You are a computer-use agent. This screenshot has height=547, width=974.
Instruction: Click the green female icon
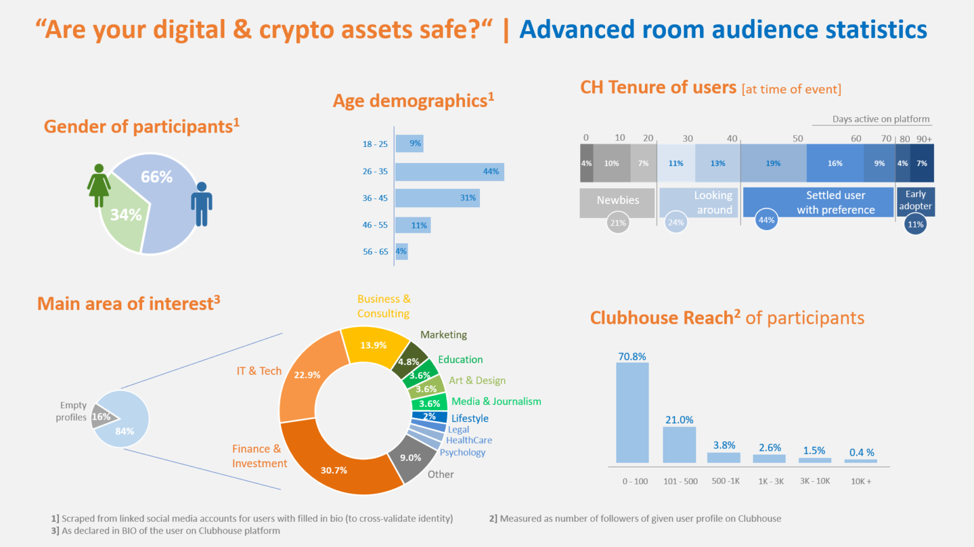99,185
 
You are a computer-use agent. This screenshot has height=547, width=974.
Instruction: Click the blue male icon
202,204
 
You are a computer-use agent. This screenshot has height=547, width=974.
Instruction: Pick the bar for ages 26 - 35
449,172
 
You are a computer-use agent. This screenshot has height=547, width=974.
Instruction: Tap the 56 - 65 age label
375,252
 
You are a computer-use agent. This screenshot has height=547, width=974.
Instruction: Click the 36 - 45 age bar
437,198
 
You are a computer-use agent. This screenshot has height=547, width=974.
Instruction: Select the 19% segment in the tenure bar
773,164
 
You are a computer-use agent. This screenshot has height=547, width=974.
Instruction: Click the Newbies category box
617,202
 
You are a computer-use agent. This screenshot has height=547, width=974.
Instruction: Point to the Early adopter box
915,200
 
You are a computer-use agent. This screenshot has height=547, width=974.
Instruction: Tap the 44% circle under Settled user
766,220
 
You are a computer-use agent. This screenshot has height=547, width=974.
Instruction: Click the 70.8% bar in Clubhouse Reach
632,412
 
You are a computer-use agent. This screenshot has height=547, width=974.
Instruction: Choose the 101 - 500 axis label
680,481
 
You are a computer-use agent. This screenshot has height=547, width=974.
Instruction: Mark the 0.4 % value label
861,453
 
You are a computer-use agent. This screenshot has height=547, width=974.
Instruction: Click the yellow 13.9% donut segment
374,345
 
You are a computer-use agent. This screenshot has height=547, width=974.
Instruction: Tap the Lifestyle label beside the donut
470,418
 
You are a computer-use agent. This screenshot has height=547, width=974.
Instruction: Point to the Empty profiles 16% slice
101,416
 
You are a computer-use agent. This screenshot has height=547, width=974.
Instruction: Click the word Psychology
462,453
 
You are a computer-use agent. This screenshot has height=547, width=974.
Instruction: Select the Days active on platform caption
880,119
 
